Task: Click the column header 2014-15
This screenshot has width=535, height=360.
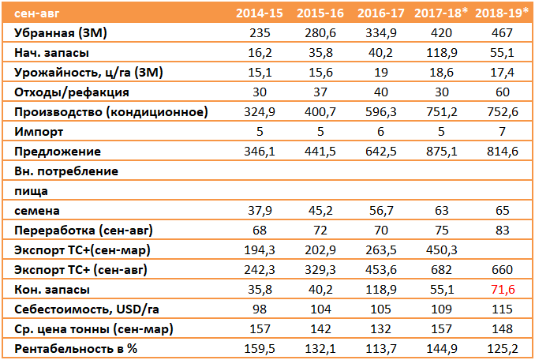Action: click(260, 13)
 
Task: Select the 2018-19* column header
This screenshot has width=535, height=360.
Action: click(502, 13)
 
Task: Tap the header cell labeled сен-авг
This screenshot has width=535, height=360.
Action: click(37, 13)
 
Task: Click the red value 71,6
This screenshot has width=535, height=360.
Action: click(503, 290)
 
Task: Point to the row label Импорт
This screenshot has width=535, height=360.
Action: click(39, 132)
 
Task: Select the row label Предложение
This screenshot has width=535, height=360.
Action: click(58, 152)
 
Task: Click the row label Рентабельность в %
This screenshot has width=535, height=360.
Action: click(76, 349)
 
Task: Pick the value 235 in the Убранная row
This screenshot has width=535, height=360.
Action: click(260, 32)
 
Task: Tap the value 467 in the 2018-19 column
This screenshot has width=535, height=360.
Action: click(502, 32)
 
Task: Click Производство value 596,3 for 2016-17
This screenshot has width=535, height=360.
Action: click(381, 112)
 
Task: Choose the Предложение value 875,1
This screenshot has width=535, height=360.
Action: click(442, 152)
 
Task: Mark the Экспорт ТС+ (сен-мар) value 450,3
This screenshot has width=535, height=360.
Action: click(442, 250)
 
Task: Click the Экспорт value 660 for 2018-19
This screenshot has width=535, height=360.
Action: click(502, 270)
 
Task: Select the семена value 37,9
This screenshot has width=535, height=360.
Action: click(260, 211)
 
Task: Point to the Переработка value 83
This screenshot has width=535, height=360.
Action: click(502, 231)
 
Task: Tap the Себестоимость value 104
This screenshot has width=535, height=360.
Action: click(320, 309)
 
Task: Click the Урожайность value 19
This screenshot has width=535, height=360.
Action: click(381, 73)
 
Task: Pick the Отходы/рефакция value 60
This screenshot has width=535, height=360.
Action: click(502, 92)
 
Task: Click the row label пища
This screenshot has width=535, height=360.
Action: click(31, 192)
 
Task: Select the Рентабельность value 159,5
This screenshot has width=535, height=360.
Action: click(260, 349)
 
